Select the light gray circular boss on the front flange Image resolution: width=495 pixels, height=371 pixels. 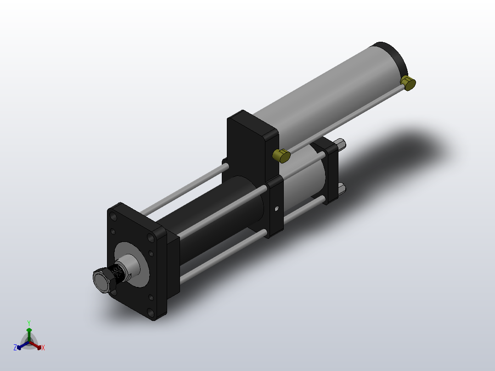point(138,264)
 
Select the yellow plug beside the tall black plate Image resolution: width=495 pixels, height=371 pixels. point(281,156)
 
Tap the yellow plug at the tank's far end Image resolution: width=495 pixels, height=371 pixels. point(408,83)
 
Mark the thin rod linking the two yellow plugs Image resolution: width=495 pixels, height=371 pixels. point(344,119)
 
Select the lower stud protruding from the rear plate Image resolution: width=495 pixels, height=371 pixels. point(342,189)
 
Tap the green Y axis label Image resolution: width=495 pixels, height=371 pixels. point(28,323)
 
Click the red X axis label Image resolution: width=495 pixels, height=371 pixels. point(43,348)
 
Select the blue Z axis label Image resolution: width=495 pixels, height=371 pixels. point(15,348)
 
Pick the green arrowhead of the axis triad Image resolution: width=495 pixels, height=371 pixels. point(28,330)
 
